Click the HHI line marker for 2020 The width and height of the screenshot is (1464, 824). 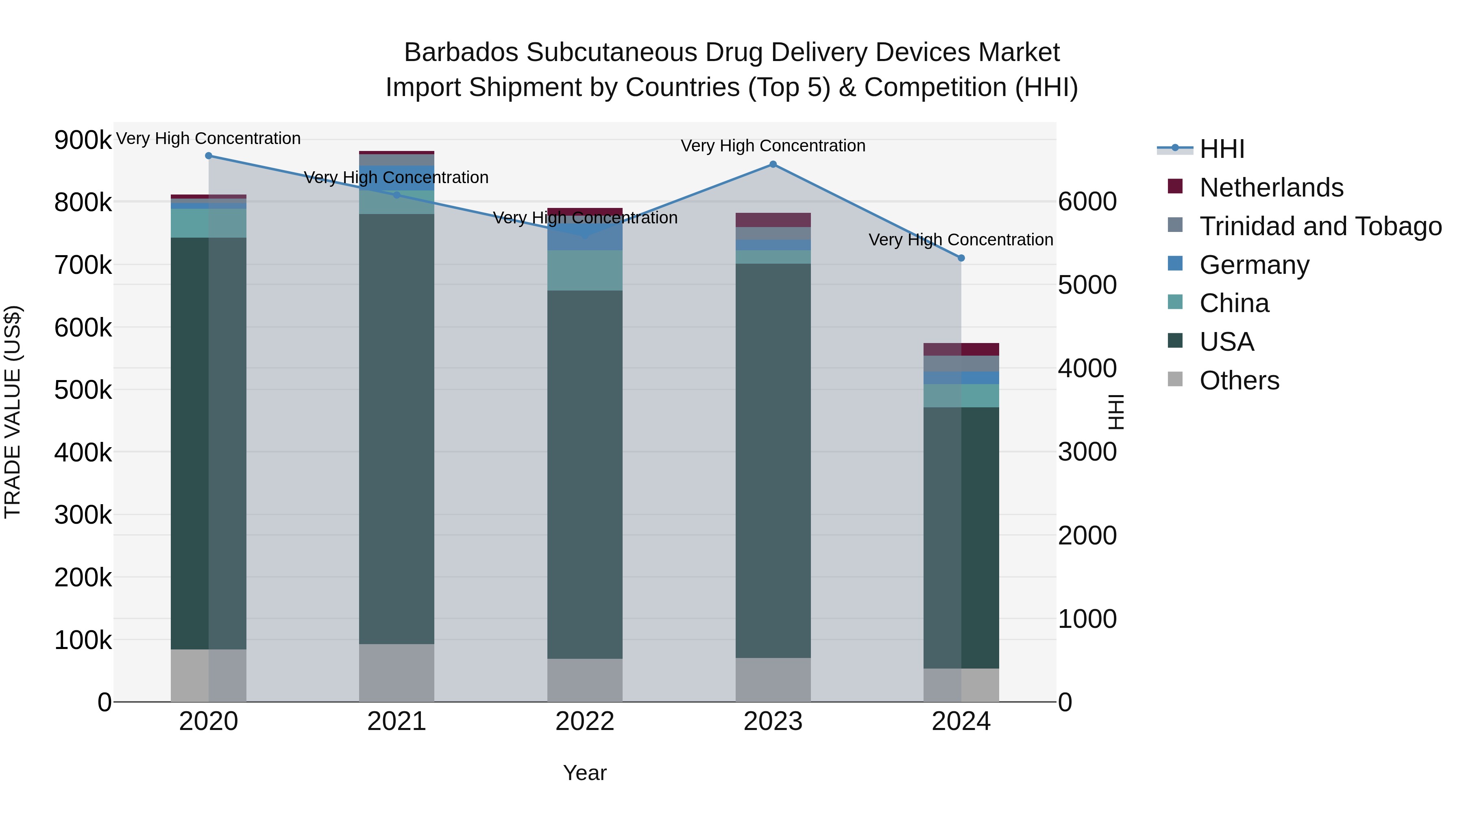(x=209, y=156)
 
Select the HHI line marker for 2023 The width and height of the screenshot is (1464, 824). (x=773, y=164)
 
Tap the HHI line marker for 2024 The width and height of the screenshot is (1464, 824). (x=961, y=258)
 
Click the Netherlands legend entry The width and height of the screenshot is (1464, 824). (x=1271, y=188)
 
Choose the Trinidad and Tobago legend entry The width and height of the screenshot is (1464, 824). (x=1320, y=226)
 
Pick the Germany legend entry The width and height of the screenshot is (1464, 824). (x=1254, y=265)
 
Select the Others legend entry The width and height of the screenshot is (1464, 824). (x=1239, y=380)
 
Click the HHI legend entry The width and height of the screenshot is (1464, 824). (x=1222, y=149)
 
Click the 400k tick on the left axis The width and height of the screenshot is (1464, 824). (x=83, y=452)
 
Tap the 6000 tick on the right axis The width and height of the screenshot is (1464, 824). (x=1087, y=202)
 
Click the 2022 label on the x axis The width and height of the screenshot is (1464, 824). (x=585, y=721)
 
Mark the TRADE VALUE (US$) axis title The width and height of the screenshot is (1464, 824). (x=13, y=412)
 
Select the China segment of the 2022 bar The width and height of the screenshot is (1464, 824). (x=585, y=271)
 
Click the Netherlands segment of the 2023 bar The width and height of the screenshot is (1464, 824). (x=773, y=220)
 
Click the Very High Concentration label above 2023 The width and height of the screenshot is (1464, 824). (x=773, y=146)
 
